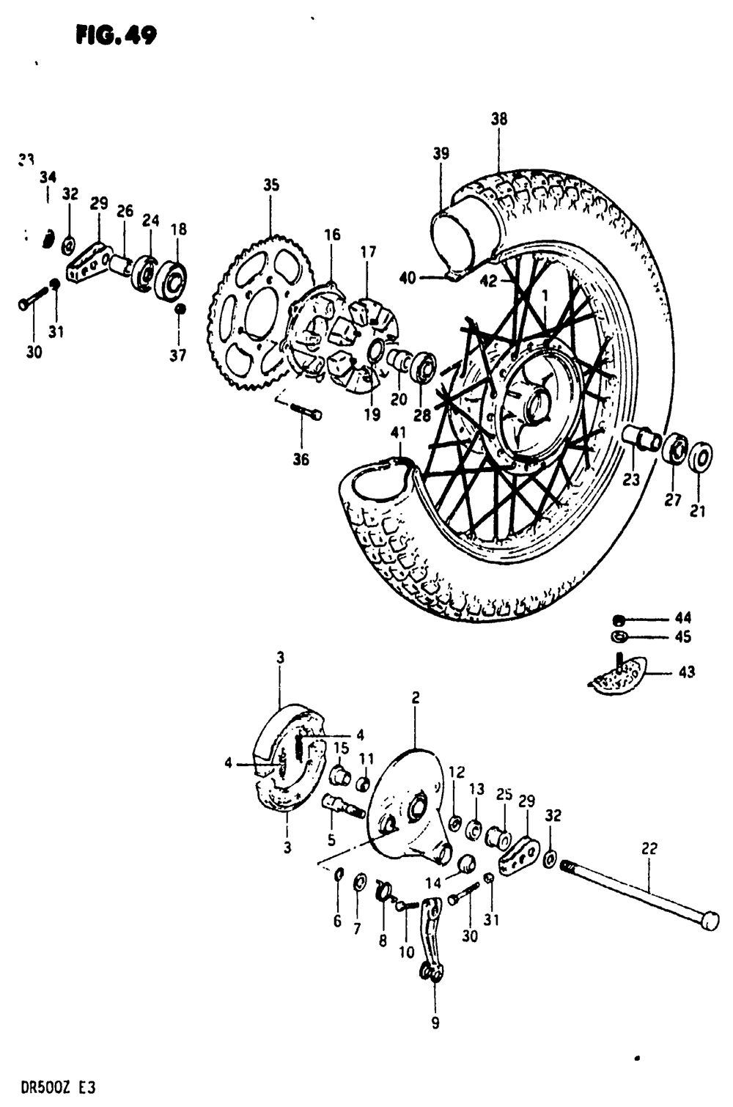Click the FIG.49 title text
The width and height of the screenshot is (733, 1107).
coord(115,34)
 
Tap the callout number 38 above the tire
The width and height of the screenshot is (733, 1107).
coord(499,119)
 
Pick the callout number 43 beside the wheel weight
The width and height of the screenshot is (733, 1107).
coord(687,672)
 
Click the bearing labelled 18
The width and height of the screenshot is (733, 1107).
coord(170,280)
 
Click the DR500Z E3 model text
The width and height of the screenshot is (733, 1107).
coord(48,1087)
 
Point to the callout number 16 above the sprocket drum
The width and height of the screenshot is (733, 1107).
coord(332,235)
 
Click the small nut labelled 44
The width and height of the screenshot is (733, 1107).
coord(619,619)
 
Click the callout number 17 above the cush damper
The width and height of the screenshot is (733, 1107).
coord(368,253)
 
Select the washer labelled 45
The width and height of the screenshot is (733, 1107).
coord(618,636)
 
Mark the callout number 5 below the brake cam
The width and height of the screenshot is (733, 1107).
coord(331,840)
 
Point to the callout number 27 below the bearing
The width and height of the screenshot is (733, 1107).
coord(673,499)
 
